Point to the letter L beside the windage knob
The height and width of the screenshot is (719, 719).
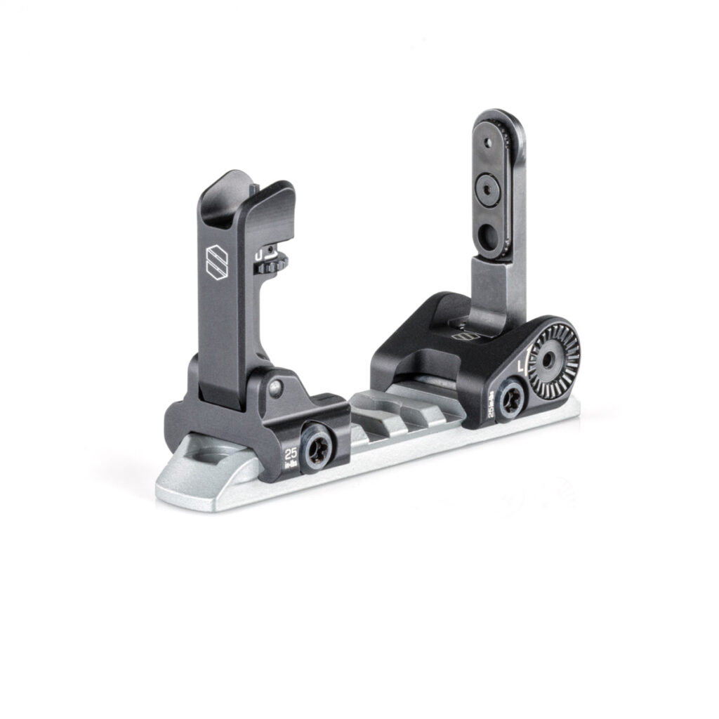[521, 367]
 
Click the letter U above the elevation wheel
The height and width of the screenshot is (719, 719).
[260, 254]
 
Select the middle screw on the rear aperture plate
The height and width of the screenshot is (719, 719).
[488, 187]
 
